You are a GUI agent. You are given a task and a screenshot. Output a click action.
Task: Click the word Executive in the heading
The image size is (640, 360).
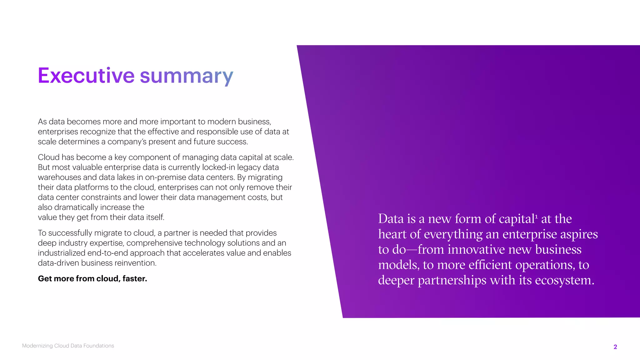(86, 76)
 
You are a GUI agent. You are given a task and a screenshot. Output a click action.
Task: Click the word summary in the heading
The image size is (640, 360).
(186, 76)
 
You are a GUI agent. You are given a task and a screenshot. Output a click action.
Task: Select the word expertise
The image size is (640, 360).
(107, 243)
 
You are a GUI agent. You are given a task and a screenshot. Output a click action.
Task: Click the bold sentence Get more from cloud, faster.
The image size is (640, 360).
(92, 279)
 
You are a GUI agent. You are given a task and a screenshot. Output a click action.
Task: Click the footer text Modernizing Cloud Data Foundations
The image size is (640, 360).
(68, 346)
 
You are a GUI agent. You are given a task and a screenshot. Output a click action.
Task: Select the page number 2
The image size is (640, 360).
(615, 347)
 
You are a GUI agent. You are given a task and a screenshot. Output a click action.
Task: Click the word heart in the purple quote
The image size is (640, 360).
(392, 234)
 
